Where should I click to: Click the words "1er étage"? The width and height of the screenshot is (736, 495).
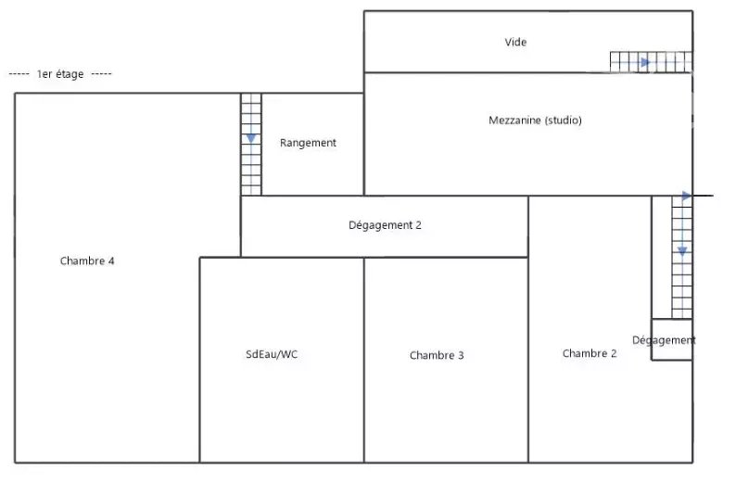pos(60,74)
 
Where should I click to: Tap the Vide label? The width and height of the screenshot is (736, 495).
pos(515,43)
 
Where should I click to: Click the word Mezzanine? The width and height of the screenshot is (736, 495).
pos(514,121)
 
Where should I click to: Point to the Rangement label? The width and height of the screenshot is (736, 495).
pos(308,143)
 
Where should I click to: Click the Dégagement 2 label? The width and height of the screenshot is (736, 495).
pos(385,225)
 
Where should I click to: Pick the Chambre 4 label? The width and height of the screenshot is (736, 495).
pos(87,260)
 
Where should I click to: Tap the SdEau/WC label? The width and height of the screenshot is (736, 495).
pos(272,354)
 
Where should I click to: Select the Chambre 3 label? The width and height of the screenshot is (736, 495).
pos(437,355)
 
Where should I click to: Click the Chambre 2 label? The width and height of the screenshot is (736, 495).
pos(590,353)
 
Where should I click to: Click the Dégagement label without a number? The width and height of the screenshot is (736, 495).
pos(664,340)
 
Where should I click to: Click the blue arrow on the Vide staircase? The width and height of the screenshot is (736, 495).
pos(645,62)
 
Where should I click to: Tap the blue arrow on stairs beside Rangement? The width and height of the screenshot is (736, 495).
pos(251,138)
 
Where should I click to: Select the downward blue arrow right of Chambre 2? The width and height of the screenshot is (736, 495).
pos(682,251)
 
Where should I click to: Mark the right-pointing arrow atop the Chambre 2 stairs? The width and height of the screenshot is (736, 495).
pos(687,197)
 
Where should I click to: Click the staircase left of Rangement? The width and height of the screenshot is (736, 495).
pos(251,145)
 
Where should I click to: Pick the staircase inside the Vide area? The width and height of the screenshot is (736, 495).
pos(651,62)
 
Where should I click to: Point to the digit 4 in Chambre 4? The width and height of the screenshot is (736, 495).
pos(111,260)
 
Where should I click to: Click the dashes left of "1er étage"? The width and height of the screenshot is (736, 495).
pos(19,74)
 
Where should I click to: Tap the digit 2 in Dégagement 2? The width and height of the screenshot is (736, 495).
pos(418,225)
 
